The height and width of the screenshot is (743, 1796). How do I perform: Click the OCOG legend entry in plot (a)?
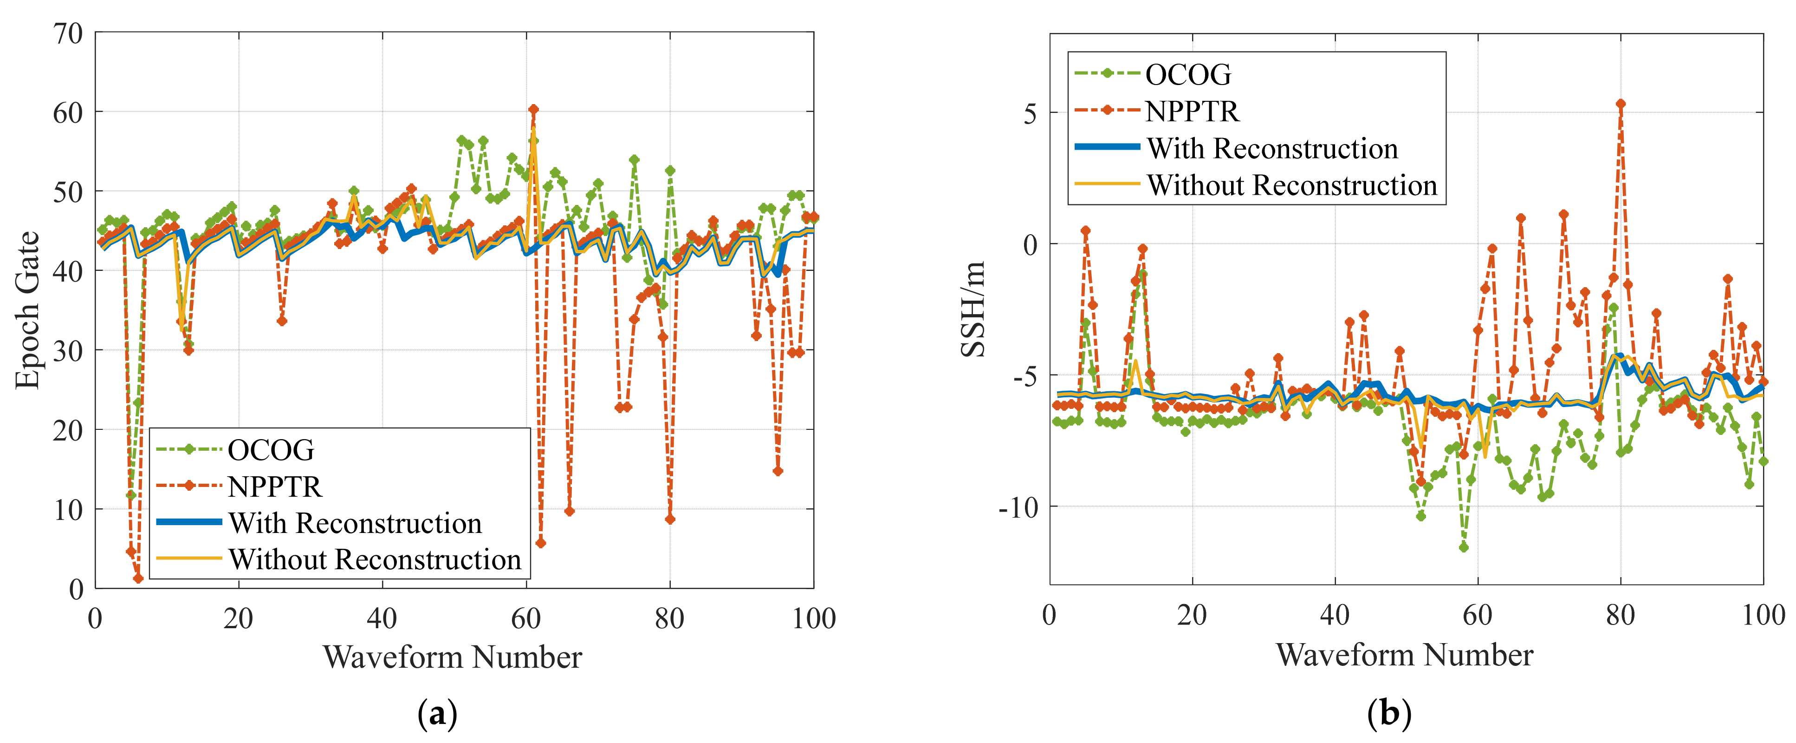click(x=271, y=450)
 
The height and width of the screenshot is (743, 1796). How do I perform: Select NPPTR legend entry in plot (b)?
click(x=1192, y=111)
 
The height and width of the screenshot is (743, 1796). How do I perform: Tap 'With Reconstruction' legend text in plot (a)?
click(x=355, y=523)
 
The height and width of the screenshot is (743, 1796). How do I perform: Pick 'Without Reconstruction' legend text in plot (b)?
click(x=1292, y=185)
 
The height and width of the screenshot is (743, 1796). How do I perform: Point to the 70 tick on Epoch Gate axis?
click(x=68, y=33)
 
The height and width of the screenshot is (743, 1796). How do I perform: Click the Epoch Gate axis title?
click(x=28, y=310)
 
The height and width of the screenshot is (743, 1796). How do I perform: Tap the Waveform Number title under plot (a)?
click(x=452, y=657)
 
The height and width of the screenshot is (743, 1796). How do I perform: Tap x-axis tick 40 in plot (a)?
click(x=382, y=618)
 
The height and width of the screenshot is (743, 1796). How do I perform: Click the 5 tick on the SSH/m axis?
click(x=1030, y=113)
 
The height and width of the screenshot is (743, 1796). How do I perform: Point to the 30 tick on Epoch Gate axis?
click(x=68, y=350)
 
